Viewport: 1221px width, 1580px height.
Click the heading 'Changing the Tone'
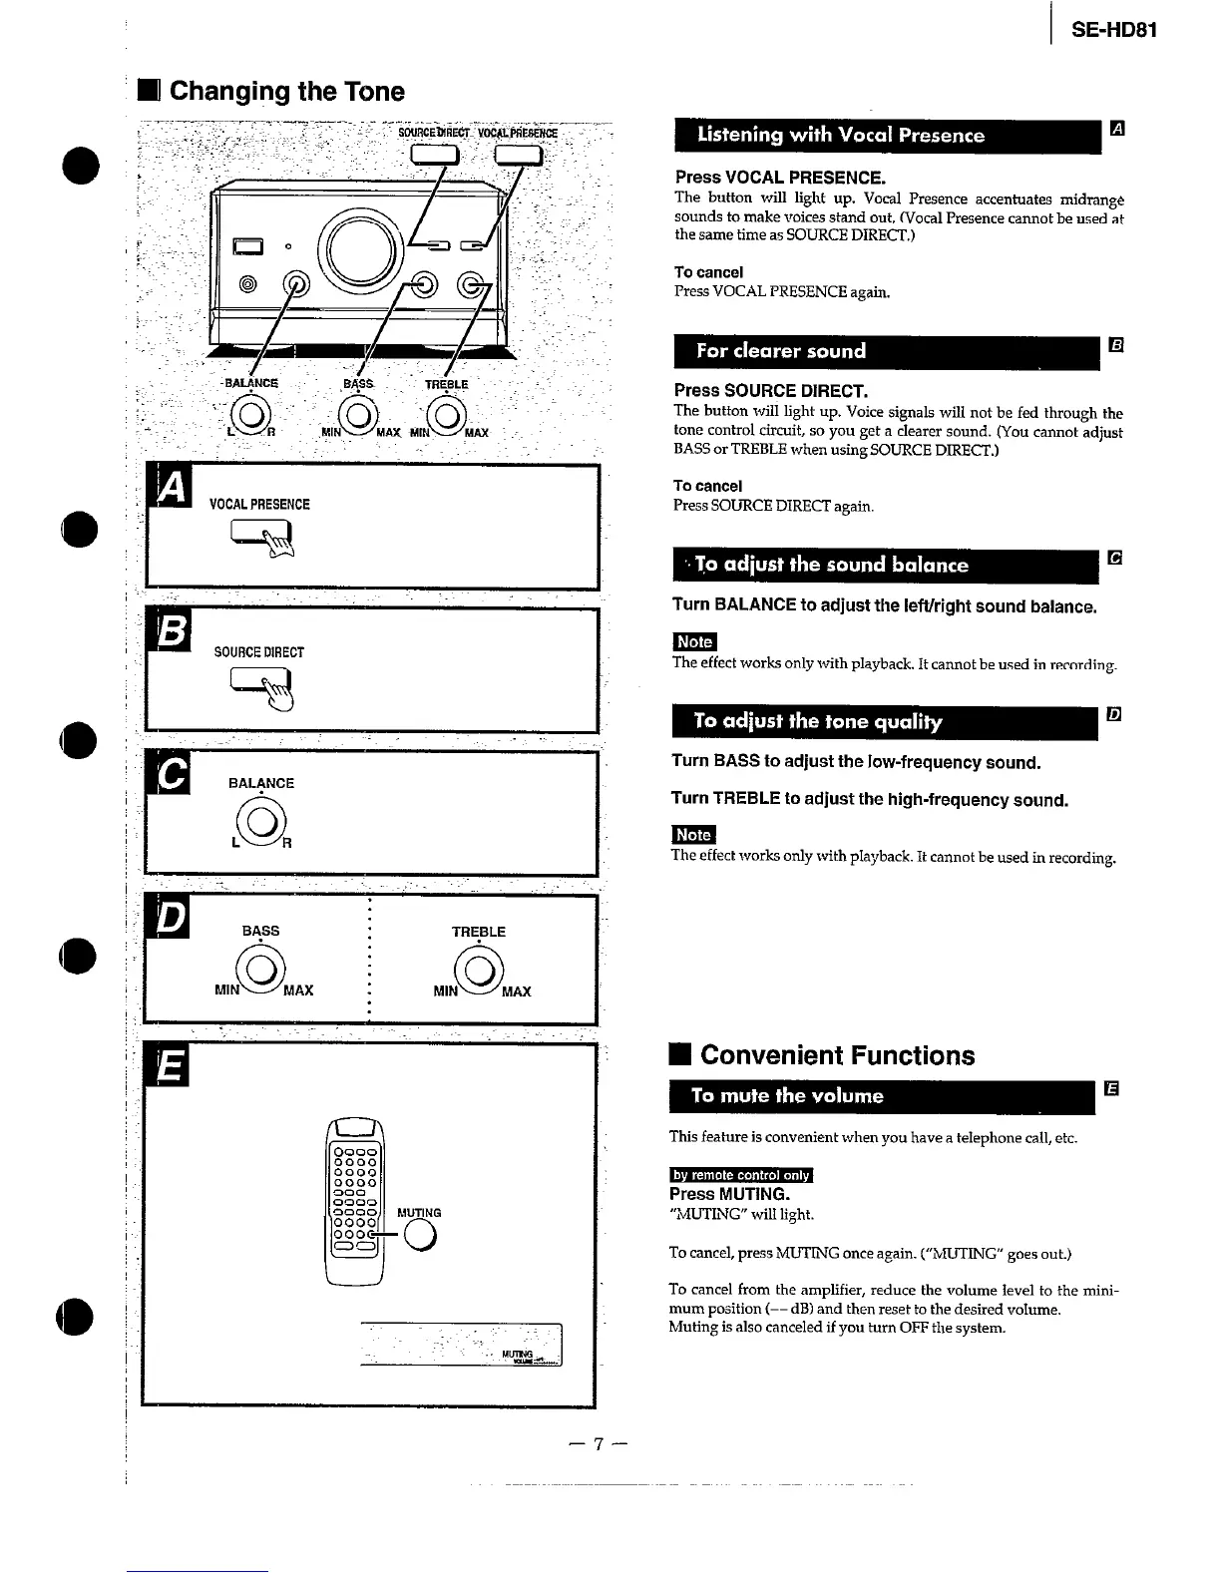pos(286,92)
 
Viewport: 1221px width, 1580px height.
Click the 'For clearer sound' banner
pos(886,351)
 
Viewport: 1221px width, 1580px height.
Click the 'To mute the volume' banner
pos(882,1096)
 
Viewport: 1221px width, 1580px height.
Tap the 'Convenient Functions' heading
pos(837,1055)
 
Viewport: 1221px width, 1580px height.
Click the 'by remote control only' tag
pos(741,1175)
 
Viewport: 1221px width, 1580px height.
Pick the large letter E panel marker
pos(171,1067)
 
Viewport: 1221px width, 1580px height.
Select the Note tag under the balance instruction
pos(694,642)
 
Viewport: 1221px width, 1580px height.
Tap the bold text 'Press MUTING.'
pos(729,1194)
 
